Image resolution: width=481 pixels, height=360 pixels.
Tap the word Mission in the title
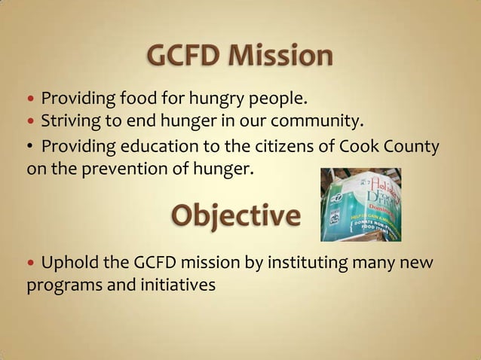point(285,56)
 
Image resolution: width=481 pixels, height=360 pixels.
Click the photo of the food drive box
point(360,204)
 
